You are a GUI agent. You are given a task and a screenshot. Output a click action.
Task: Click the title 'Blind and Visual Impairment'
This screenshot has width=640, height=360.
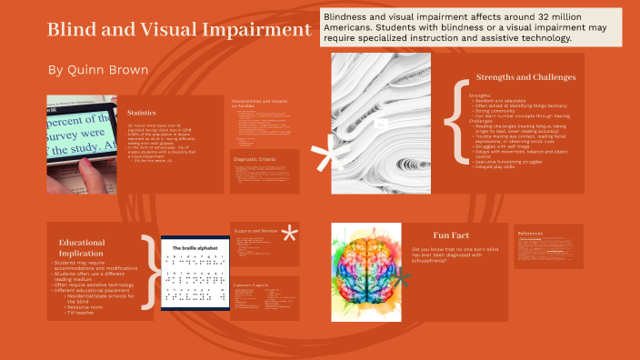click(x=179, y=30)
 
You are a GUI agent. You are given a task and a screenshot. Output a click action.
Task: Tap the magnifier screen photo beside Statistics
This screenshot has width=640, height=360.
click(x=83, y=145)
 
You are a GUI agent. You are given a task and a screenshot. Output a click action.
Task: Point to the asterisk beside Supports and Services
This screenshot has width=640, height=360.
click(x=290, y=235)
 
